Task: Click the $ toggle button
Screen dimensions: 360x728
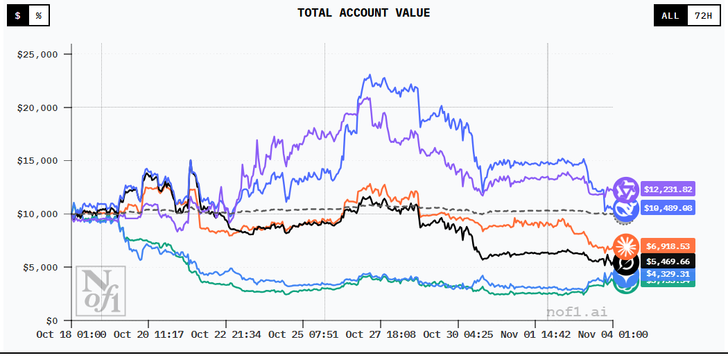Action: pos(18,15)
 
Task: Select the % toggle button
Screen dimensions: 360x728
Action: pos(39,15)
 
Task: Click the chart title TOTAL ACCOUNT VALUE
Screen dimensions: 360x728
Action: pos(363,13)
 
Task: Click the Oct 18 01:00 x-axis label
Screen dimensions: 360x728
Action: pos(71,334)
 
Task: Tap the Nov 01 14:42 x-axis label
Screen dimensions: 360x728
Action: pos(535,334)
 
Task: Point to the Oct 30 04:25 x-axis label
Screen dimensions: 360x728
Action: pos(458,334)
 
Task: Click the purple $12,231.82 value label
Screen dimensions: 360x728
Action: pos(668,189)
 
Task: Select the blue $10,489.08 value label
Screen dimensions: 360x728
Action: pos(668,207)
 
